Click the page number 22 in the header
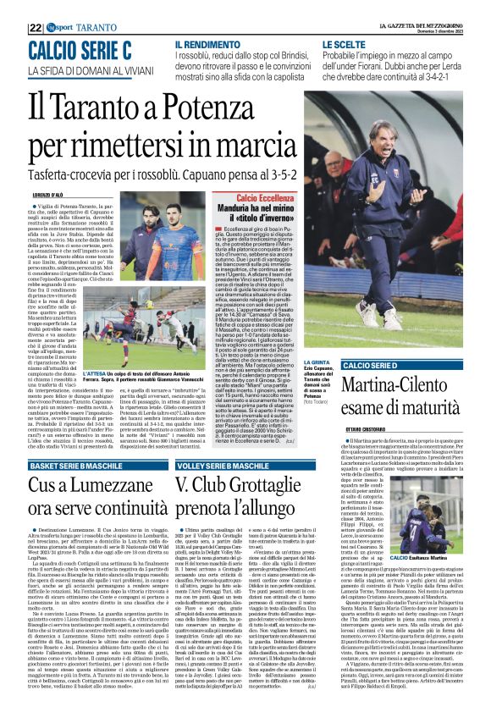[36, 6]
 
